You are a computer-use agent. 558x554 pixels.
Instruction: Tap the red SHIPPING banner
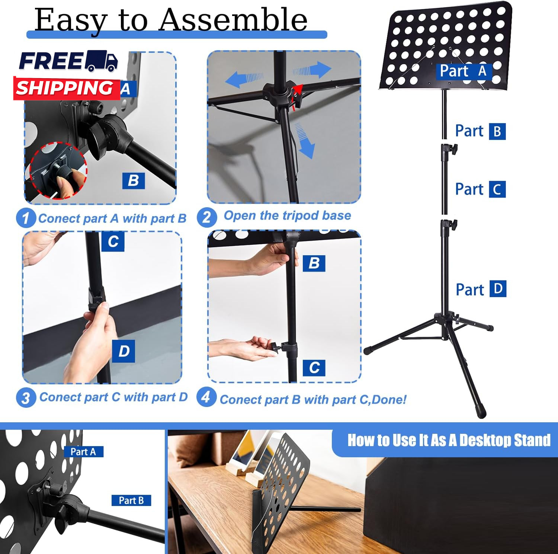[67, 89]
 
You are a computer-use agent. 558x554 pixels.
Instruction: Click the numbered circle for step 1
[26, 218]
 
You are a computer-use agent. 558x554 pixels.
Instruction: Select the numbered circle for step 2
[207, 217]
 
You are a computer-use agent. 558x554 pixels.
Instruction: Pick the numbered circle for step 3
[26, 397]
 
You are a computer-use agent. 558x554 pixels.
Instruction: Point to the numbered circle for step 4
[206, 397]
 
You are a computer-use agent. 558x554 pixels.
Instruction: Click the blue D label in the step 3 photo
[124, 350]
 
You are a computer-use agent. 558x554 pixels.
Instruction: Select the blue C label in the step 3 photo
[113, 241]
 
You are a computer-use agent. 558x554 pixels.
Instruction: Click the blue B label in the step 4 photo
[314, 263]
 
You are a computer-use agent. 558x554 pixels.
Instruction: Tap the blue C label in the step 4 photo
[314, 368]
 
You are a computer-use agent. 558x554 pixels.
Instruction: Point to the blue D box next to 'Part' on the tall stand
[498, 289]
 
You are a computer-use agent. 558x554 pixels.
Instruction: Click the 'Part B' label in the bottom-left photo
[131, 500]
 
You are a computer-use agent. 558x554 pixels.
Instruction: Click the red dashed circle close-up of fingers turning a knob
[58, 170]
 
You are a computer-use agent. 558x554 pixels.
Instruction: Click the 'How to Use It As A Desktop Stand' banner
[449, 440]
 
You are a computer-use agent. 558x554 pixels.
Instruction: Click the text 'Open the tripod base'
[287, 215]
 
